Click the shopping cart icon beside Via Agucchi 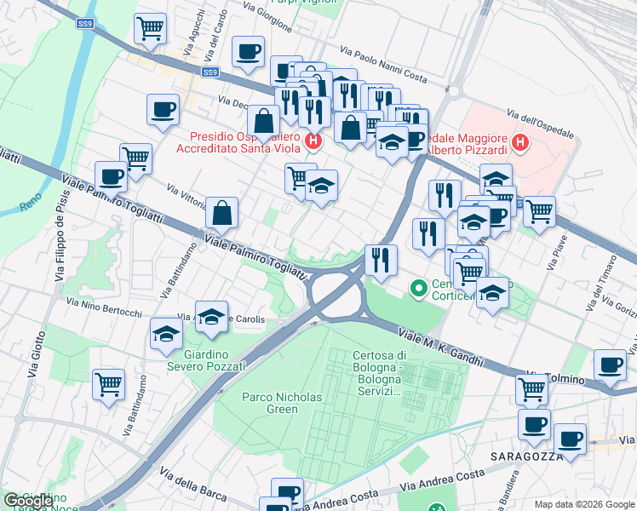tap(150, 27)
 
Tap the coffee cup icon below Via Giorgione tap(248, 51)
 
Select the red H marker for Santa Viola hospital tap(313, 141)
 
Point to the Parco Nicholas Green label tap(270, 403)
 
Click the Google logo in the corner tap(29, 501)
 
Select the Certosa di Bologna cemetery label tap(377, 373)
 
